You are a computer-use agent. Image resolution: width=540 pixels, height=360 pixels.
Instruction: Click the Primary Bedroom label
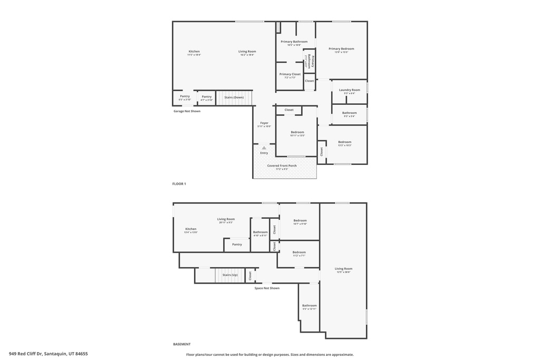tap(341, 49)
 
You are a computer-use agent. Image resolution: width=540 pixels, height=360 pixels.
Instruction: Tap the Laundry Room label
tap(350, 90)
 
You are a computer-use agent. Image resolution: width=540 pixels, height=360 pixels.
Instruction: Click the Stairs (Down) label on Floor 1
tap(234, 98)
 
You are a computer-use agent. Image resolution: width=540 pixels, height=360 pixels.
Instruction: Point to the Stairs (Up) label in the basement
tap(230, 275)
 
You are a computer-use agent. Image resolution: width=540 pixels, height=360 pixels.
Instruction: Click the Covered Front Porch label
tap(282, 166)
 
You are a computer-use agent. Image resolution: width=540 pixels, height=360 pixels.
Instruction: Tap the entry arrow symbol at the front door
tap(264, 148)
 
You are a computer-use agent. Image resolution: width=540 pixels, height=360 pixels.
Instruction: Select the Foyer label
tap(264, 123)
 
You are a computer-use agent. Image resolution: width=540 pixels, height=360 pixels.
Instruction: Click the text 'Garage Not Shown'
tap(187, 111)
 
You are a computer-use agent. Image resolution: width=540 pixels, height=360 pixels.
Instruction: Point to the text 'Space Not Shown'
tap(267, 288)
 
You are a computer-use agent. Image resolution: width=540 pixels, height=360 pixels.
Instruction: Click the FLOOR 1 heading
tap(179, 184)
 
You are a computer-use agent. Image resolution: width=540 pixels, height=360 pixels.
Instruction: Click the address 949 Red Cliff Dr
tap(48, 354)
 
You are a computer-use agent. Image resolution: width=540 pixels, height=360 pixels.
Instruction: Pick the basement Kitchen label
tap(190, 230)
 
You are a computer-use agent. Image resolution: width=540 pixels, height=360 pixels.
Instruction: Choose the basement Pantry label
tap(237, 244)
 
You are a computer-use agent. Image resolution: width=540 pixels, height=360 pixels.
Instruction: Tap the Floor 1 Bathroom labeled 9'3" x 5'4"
tap(349, 113)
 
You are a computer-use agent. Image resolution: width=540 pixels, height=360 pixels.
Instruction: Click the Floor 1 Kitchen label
tap(194, 52)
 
